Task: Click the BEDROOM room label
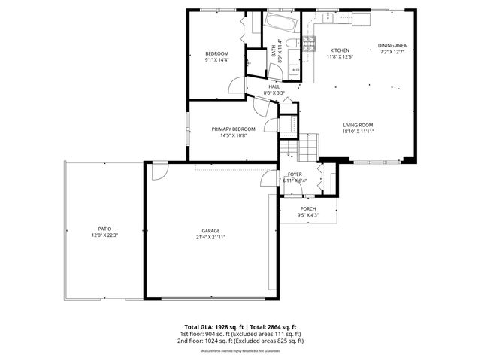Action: coord(217,53)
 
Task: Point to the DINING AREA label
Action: coord(392,45)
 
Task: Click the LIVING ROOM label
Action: coord(358,125)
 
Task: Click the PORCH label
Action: coord(307,208)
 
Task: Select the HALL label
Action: coord(274,86)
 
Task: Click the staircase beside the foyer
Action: coord(307,144)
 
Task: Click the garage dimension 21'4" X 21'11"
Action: coord(210,237)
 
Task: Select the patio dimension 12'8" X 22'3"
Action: coord(104,235)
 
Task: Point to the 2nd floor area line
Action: coord(240,341)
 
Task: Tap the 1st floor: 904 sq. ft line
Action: coord(240,334)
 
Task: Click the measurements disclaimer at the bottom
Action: coord(240,351)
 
